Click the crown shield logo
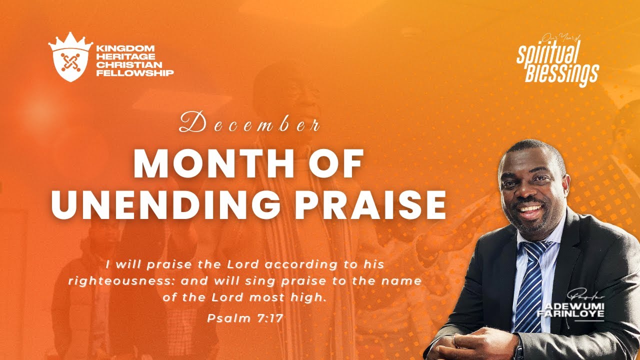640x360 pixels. [70, 57]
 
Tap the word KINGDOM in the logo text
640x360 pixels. [119, 48]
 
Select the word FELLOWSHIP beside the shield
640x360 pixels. [135, 73]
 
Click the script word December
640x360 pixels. [249, 125]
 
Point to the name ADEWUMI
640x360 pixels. [571, 306]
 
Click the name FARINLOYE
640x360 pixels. [570, 313]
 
